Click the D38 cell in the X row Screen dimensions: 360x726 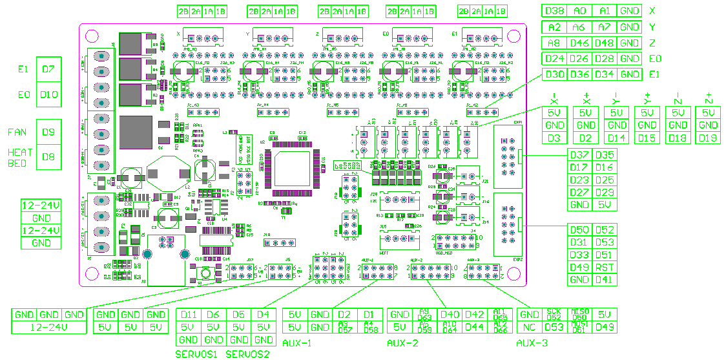(555, 11)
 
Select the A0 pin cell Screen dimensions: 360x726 (580, 11)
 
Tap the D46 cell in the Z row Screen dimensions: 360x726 (580, 43)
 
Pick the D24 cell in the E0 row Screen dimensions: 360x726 (555, 59)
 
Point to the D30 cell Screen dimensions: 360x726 (555, 74)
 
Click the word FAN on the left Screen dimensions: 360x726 (17, 132)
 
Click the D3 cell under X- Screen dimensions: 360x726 (555, 138)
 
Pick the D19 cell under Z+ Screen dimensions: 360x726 (709, 138)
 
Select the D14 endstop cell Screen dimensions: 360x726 (617, 138)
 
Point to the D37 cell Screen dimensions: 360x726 (579, 155)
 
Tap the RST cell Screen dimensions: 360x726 (605, 268)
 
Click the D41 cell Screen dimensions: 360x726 (605, 280)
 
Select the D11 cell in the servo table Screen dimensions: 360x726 (189, 315)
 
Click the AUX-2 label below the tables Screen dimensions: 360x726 (403, 343)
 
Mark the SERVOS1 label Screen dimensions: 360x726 (196, 354)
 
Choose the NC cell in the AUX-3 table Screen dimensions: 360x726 (530, 327)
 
